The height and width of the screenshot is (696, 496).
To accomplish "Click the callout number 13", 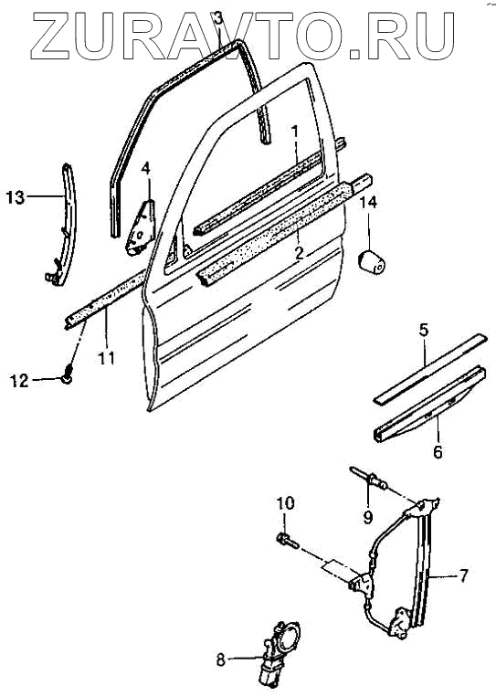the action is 16,196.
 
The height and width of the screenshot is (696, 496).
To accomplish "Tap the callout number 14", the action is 368,203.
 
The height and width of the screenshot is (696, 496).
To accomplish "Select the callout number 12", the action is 19,380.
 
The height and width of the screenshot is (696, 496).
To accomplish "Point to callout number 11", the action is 107,358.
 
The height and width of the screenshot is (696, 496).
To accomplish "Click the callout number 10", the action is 286,503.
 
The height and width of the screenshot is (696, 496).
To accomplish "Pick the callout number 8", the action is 221,660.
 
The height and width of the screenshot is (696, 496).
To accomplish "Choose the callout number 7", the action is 462,575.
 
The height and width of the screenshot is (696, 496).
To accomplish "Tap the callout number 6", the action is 438,452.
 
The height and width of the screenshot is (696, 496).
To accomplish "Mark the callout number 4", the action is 145,168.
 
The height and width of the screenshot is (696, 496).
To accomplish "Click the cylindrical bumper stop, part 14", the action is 372,263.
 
